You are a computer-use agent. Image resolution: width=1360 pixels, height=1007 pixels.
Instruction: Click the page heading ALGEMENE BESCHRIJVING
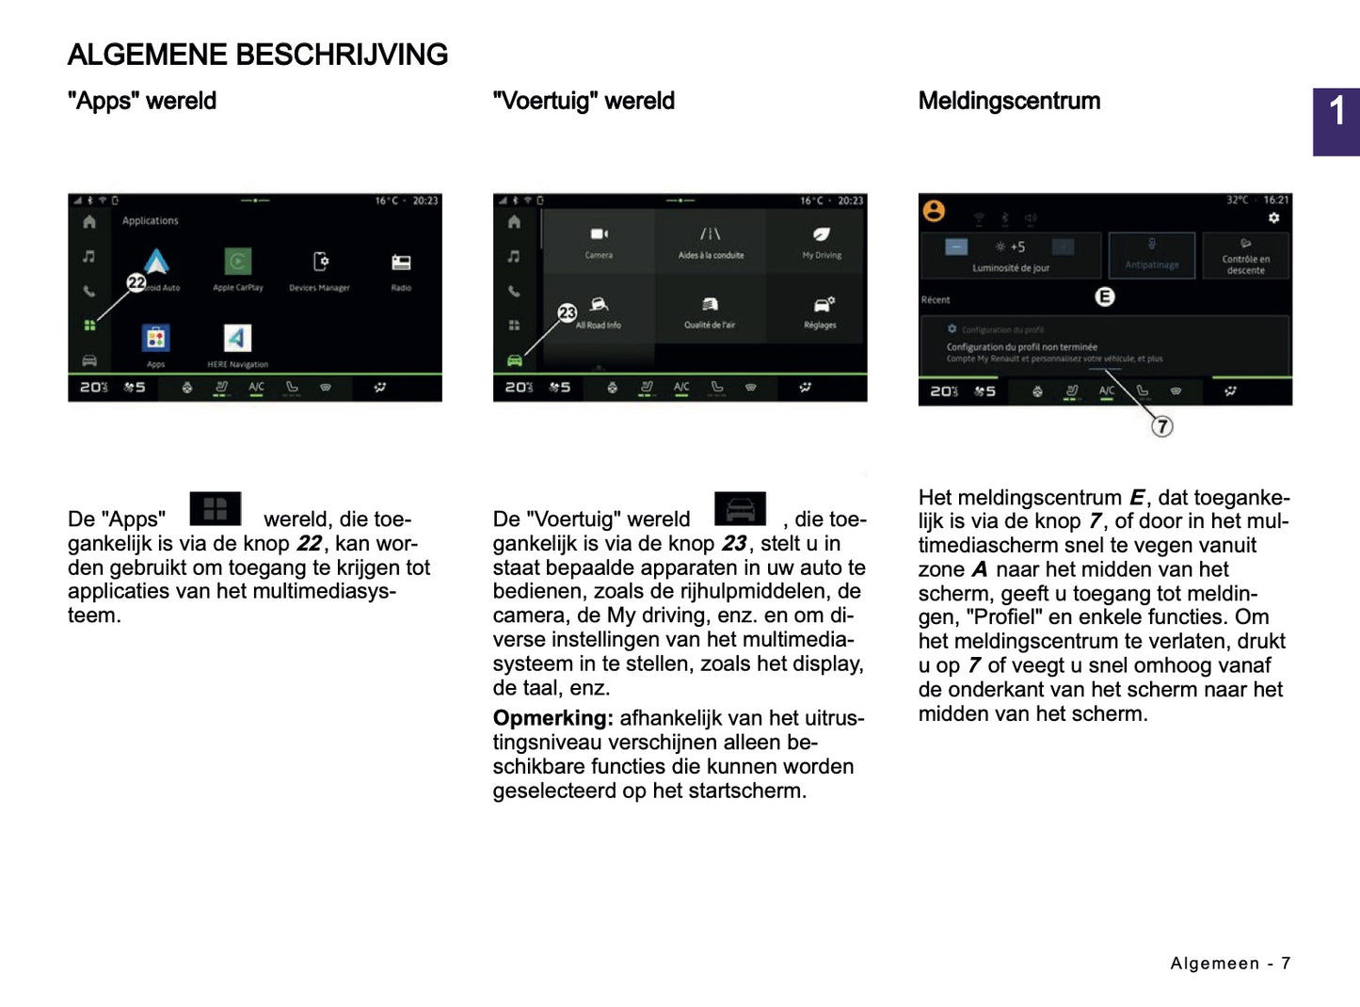coord(258,55)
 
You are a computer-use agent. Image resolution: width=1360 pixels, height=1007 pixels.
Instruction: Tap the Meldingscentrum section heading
coord(1009,101)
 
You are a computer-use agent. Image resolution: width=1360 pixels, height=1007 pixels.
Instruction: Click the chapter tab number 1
coord(1336,113)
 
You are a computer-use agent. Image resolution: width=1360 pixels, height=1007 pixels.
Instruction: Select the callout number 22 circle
coord(136,282)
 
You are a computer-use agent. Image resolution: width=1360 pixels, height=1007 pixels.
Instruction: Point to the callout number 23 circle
coord(567,313)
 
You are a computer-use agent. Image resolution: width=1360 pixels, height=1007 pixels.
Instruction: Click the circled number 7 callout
coord(1162,427)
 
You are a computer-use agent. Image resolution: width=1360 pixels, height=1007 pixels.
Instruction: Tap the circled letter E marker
coord(1105,297)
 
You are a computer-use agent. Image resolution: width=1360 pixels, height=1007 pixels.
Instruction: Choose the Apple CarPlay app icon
coord(238,262)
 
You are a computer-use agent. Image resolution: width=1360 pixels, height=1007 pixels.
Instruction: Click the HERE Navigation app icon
coord(237,338)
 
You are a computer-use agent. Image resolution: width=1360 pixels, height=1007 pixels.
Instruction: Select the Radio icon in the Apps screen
coord(401,263)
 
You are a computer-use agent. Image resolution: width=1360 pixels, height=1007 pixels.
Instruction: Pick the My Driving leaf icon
coord(822,234)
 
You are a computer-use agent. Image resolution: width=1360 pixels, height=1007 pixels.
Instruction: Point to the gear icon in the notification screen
coord(1273,218)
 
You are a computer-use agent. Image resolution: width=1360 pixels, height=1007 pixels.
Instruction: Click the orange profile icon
coord(934,211)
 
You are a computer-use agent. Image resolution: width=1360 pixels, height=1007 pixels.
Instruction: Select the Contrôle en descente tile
coord(1245,256)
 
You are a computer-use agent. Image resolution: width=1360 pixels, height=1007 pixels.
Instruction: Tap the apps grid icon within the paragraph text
coord(216,509)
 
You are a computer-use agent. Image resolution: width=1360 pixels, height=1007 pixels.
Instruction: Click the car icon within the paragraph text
coord(741,509)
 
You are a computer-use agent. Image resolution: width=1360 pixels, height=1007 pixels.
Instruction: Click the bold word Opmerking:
coord(552,718)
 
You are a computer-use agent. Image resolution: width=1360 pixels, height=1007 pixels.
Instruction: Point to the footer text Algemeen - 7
coord(1230,964)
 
